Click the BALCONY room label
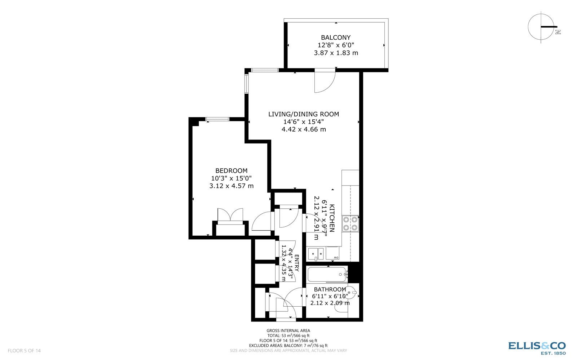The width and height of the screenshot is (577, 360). click(336, 37)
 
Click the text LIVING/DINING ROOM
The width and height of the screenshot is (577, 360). click(304, 114)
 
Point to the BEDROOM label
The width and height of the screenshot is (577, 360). click(231, 171)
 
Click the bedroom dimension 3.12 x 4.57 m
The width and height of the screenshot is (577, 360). click(231, 186)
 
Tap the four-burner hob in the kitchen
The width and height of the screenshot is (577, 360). click(350, 223)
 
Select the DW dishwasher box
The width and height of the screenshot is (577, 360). click(332, 253)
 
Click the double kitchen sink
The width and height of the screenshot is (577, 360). click(316, 253)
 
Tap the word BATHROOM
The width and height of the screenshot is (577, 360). click(330, 289)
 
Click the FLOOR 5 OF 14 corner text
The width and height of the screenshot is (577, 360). click(24, 350)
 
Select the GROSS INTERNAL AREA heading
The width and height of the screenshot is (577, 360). click(288, 330)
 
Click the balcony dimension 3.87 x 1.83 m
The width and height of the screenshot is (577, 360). click(336, 53)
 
